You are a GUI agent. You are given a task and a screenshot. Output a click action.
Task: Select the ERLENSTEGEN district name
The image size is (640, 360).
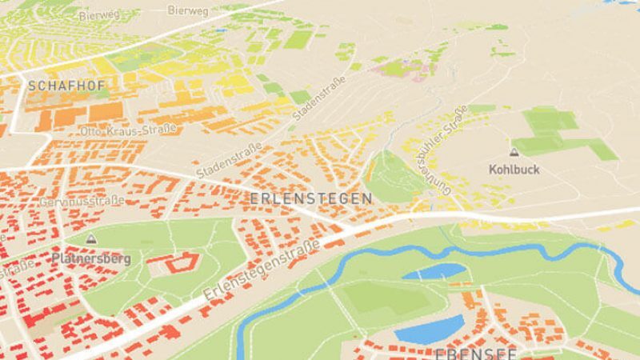coord(311,198)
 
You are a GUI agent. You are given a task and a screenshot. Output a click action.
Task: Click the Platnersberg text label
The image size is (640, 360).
coord(90,259)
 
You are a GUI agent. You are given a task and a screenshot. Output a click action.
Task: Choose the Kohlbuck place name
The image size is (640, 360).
coord(514,170)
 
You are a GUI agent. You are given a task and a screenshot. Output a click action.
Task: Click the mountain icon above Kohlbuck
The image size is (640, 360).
coord(514,151)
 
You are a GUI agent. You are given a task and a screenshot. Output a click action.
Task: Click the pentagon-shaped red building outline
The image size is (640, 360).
coord(182,263)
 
